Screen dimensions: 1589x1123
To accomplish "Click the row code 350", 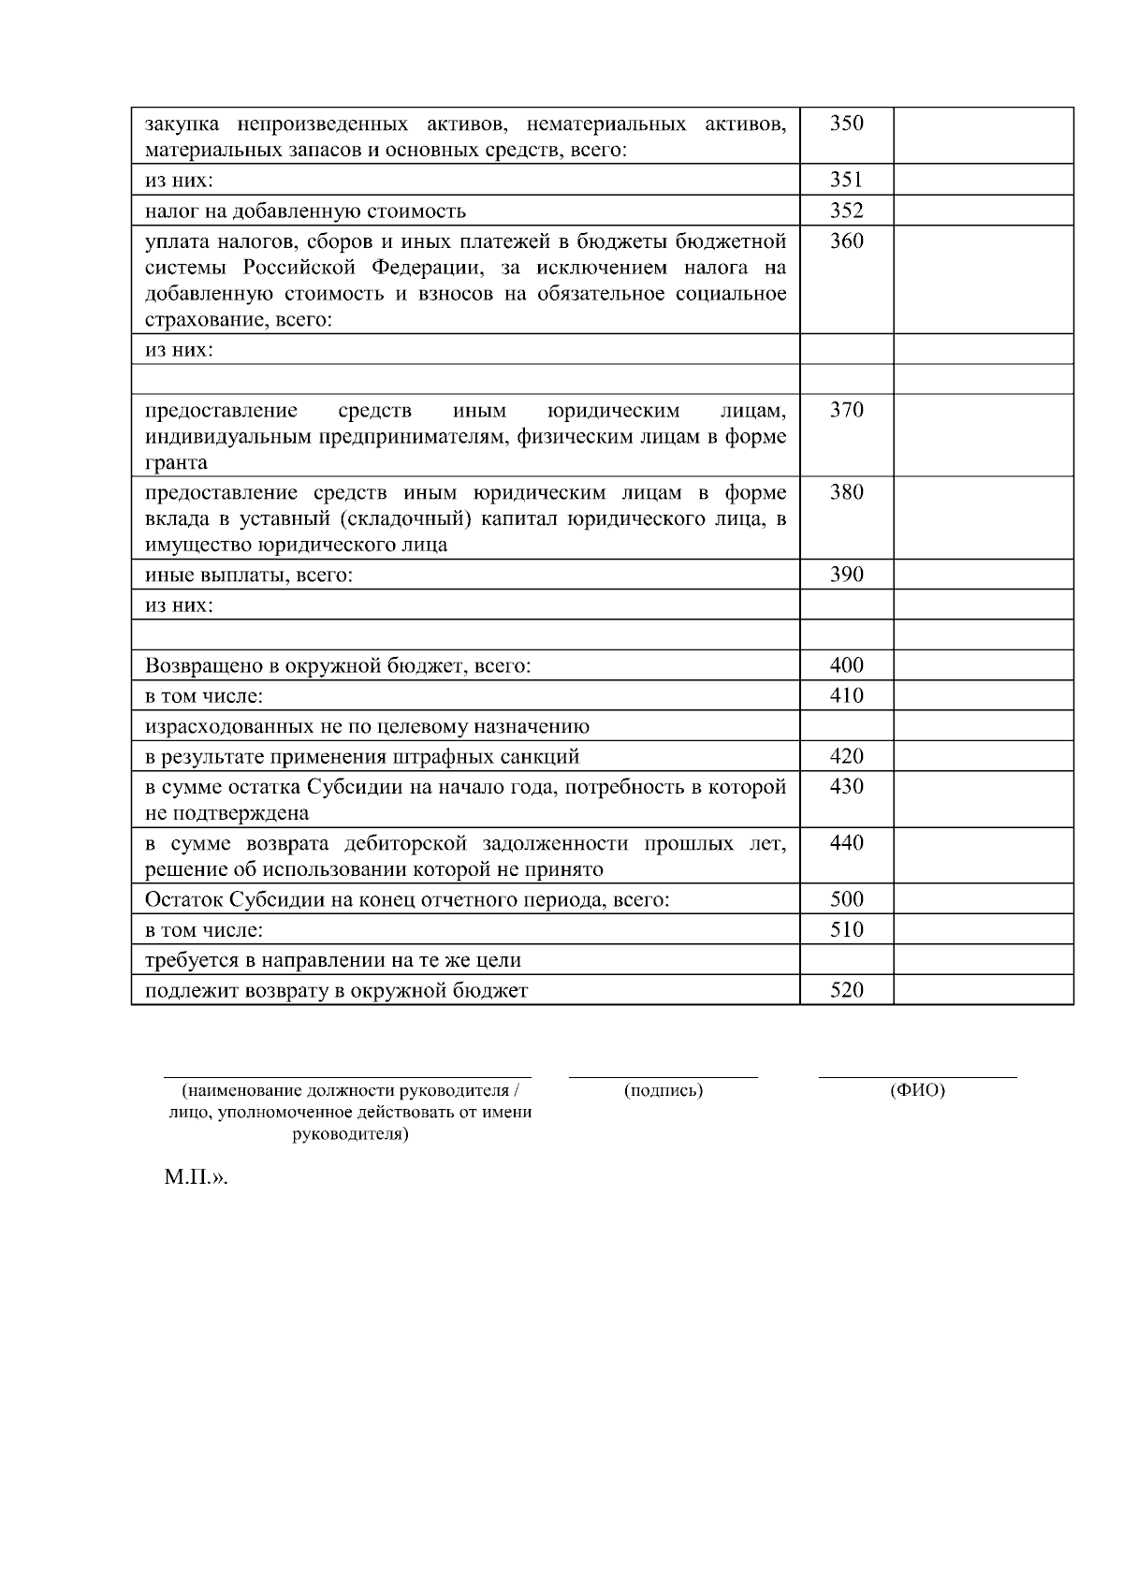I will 846,124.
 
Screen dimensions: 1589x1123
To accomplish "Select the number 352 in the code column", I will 846,211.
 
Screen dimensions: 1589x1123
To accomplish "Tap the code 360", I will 846,241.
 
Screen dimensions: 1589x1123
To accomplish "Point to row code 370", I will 846,410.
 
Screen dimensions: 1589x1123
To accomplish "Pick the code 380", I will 846,492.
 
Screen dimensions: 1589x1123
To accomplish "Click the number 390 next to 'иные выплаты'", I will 846,575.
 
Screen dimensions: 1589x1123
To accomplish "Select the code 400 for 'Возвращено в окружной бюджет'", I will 846,665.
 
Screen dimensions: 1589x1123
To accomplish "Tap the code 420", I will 846,756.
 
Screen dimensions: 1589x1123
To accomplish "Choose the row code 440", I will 846,842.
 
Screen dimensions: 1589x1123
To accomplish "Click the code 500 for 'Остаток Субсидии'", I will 846,899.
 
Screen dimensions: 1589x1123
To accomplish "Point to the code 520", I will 846,990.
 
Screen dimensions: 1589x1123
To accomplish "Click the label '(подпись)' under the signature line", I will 663,1090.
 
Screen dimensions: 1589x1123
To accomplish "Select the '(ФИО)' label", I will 917,1090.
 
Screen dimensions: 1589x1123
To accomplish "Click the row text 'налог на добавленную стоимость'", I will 305,211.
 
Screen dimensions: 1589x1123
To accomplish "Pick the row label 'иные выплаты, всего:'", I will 249,576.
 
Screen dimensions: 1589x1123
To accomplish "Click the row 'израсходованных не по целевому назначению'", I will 367,726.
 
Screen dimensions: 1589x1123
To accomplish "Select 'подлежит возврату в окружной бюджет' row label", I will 336,990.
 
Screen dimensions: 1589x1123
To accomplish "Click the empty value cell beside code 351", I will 983,180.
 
